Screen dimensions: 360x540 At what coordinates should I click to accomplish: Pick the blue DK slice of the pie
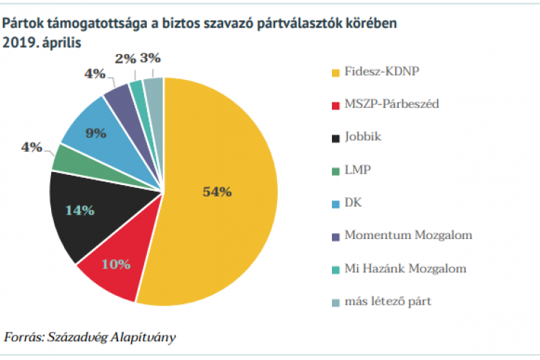point(90,130)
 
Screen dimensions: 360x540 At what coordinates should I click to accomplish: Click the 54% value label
point(217,192)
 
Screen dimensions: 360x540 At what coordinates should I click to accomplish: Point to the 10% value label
point(116,264)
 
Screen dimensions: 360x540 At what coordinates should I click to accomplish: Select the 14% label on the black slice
point(80,210)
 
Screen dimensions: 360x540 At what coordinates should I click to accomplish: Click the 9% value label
point(96,132)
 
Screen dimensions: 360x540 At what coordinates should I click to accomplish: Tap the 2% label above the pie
point(125,58)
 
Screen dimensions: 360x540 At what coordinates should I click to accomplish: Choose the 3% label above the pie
point(150,58)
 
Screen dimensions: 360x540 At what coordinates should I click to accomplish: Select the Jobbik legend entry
point(364,137)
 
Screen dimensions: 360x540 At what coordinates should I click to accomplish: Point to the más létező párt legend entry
point(387,301)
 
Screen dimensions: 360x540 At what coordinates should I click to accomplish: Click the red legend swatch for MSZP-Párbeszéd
point(335,105)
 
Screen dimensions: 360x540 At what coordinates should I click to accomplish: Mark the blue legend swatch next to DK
point(335,203)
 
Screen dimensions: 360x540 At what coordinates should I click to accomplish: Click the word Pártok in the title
point(22,24)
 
